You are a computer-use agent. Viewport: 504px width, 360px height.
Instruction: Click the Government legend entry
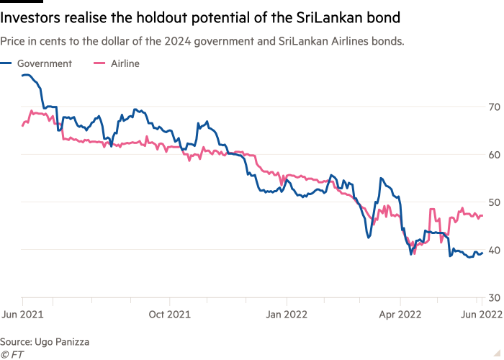pos(44,63)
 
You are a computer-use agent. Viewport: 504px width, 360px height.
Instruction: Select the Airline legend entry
pos(125,63)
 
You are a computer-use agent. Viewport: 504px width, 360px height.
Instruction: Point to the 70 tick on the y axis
pos(493,107)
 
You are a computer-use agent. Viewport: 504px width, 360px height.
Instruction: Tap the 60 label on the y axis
pos(493,155)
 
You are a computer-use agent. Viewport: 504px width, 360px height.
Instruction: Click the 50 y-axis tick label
pos(493,202)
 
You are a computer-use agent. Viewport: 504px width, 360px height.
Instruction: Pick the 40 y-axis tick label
pos(493,250)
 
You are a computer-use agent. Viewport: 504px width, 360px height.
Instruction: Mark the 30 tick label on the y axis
pos(493,297)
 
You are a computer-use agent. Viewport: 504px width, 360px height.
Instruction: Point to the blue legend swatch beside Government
pos(6,63)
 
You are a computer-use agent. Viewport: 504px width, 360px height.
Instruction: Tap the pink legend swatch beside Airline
pos(100,63)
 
